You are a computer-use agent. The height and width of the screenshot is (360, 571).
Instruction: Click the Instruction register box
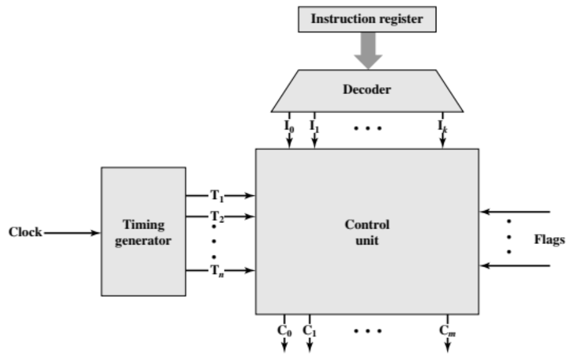pyautogui.click(x=367, y=19)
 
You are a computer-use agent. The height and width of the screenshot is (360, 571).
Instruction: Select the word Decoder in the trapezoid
pyautogui.click(x=367, y=90)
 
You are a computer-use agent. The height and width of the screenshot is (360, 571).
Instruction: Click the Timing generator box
pyautogui.click(x=143, y=232)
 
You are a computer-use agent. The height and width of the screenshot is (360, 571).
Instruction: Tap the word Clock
pyautogui.click(x=25, y=232)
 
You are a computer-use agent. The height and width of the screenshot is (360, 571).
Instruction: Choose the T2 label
pyautogui.click(x=217, y=216)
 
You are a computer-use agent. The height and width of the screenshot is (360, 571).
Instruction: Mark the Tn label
pyautogui.click(x=217, y=270)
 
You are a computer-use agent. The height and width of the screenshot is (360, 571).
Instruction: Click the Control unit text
pyautogui.click(x=367, y=232)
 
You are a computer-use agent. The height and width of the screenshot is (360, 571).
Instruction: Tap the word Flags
pyautogui.click(x=549, y=240)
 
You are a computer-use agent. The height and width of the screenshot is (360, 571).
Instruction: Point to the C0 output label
pyautogui.click(x=285, y=331)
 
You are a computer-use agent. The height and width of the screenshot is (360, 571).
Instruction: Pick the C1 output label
pyautogui.click(x=309, y=331)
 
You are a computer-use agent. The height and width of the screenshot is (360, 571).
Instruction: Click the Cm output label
pyautogui.click(x=447, y=331)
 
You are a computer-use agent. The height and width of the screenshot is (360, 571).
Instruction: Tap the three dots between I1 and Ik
pyautogui.click(x=368, y=128)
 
